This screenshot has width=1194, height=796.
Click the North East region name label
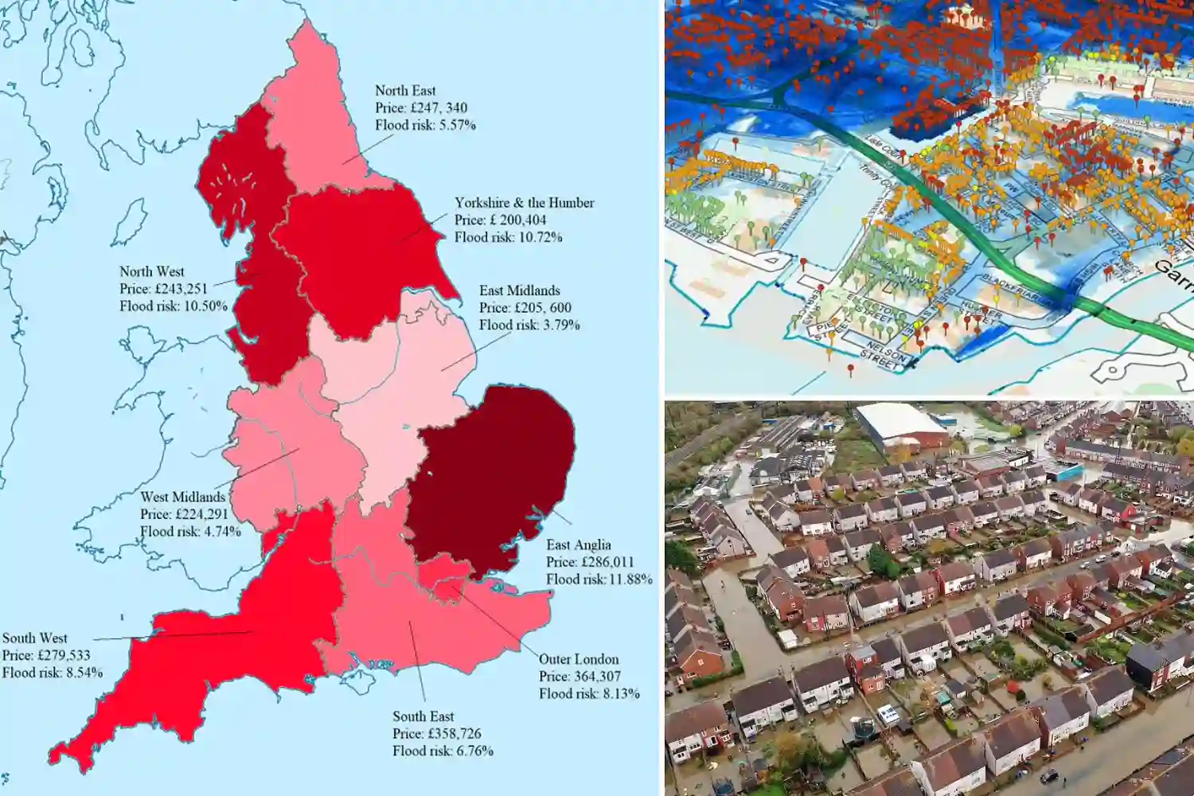(405, 91)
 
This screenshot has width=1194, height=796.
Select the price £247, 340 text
(421, 108)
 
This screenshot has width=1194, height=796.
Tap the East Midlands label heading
(519, 291)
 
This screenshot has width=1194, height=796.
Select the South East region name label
(423, 716)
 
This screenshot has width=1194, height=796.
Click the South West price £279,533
(46, 655)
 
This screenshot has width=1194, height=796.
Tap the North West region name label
(151, 271)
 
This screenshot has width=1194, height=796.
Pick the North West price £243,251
(163, 289)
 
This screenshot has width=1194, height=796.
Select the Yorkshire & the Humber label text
(524, 203)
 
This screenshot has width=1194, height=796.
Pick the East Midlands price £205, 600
(525, 308)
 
